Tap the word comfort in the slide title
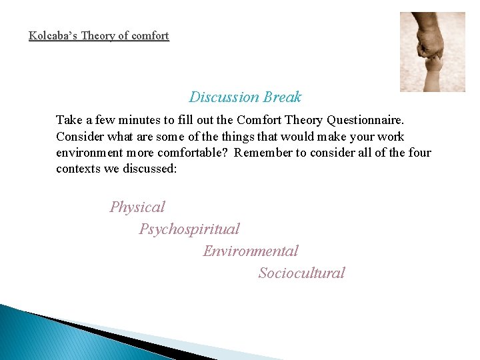click(149, 35)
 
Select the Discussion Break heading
click(245, 97)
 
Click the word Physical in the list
click(137, 207)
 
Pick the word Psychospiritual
click(189, 229)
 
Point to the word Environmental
click(251, 251)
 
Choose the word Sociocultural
click(302, 273)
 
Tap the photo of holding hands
click(432, 51)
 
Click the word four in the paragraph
click(419, 153)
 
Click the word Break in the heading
click(282, 97)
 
